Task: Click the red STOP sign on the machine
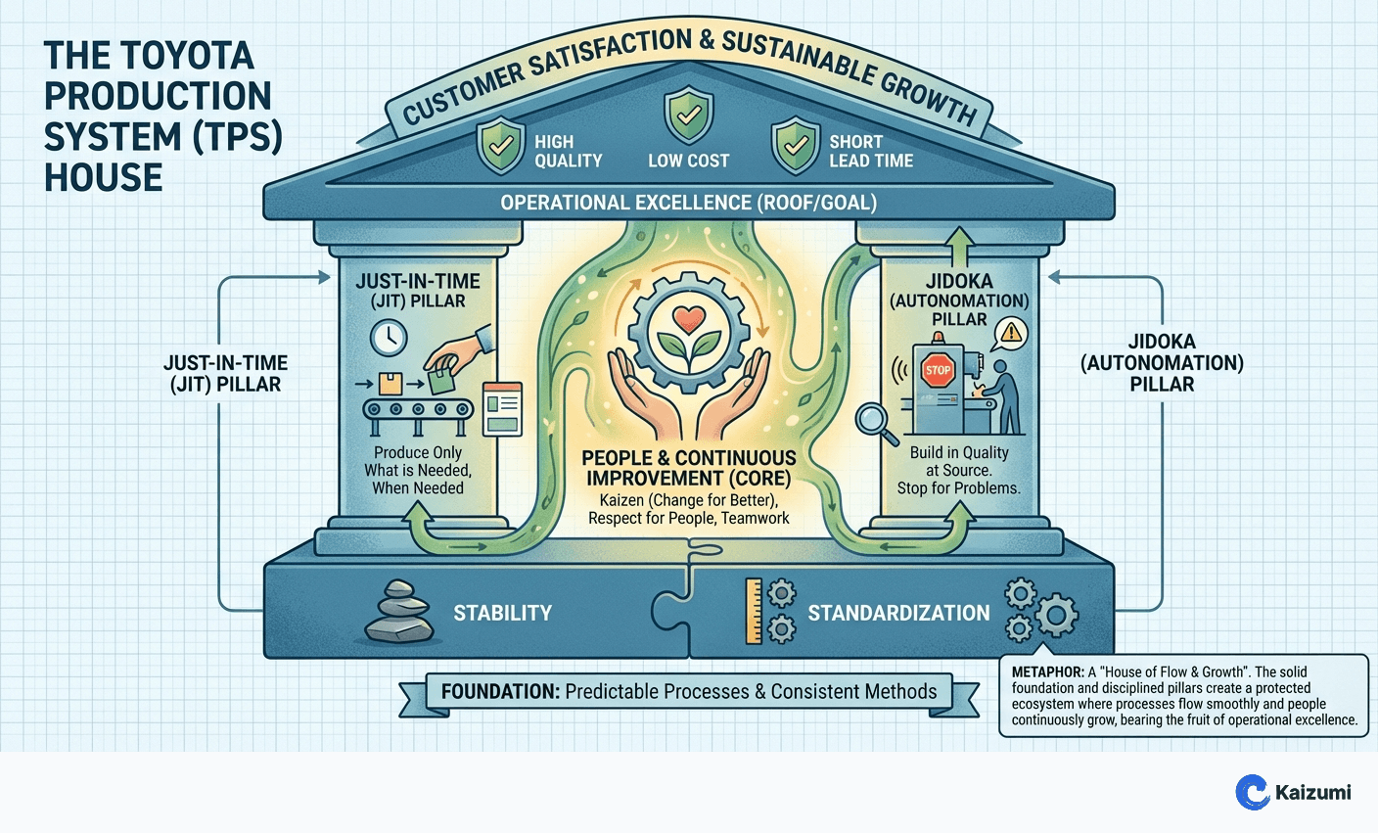pyautogui.click(x=938, y=370)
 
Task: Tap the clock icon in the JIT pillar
pyautogui.click(x=389, y=338)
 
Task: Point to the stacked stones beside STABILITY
pyautogui.click(x=399, y=613)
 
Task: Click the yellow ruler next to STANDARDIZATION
pyautogui.click(x=754, y=612)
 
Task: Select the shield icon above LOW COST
pyautogui.click(x=689, y=116)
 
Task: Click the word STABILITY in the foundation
pyautogui.click(x=502, y=614)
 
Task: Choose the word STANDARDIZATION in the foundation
pyautogui.click(x=898, y=614)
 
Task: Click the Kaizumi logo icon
pyautogui.click(x=1253, y=792)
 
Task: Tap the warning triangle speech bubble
pyautogui.click(x=1010, y=334)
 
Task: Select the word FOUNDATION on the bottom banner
pyautogui.click(x=499, y=692)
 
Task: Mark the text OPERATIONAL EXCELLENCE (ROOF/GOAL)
pyautogui.click(x=688, y=203)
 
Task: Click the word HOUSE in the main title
pyautogui.click(x=103, y=177)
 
